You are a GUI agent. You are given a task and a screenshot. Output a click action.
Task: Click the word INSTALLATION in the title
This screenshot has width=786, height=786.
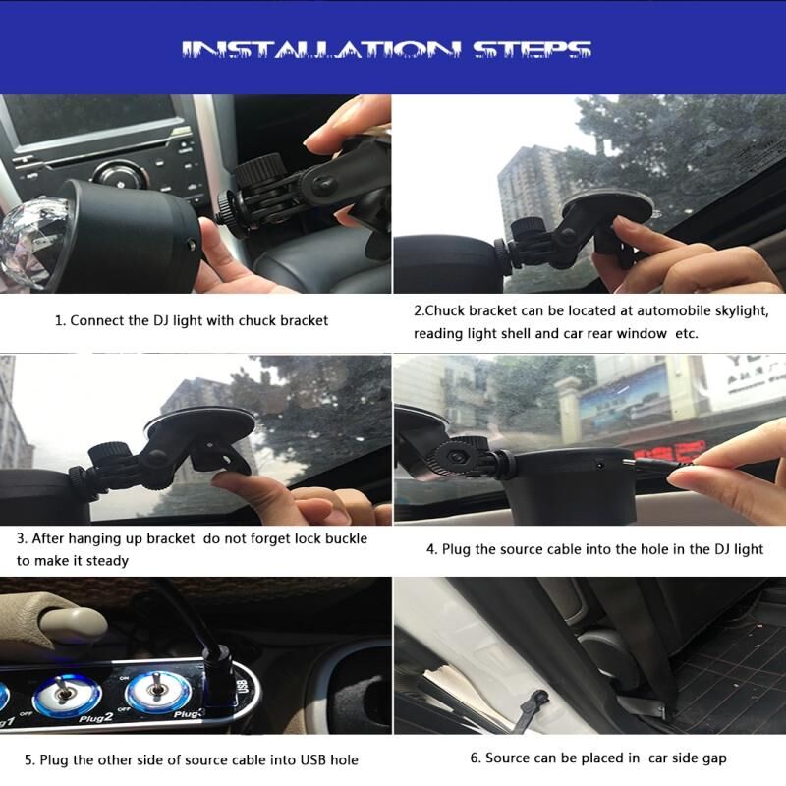321,50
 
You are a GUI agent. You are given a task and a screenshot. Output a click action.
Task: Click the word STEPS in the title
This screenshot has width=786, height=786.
533,50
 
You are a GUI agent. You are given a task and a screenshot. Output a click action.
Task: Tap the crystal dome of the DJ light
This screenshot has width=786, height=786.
33,243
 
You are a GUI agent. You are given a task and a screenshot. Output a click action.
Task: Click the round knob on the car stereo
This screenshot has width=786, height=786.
120,177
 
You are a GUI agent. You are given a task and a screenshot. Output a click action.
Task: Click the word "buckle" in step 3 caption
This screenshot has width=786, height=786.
346,538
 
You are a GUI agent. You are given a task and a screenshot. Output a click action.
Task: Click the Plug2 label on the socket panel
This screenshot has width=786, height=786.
95,718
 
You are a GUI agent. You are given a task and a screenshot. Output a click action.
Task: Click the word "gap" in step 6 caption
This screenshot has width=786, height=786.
715,758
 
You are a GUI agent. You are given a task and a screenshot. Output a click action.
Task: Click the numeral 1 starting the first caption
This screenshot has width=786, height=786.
59,321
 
